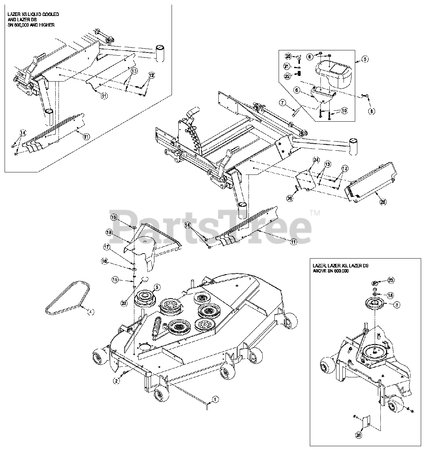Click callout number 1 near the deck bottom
point(214,399)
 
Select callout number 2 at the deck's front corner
point(116,380)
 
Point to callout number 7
point(282,103)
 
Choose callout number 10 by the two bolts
point(344,111)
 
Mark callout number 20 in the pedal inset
point(288,57)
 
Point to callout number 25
point(383,202)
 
